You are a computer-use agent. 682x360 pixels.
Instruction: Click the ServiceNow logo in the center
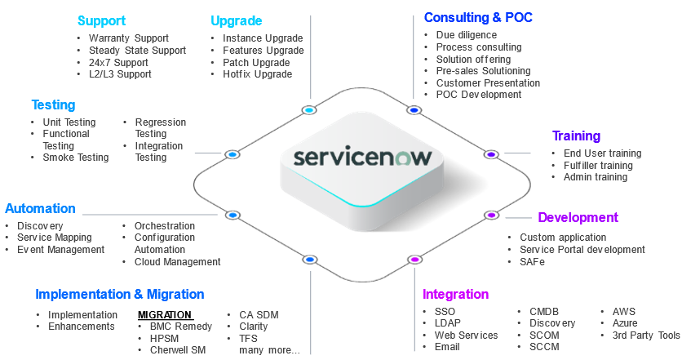click(362, 157)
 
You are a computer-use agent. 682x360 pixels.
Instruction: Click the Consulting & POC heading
click(478, 17)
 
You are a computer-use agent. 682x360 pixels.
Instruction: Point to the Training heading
click(576, 136)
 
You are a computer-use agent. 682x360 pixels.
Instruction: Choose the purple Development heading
click(578, 217)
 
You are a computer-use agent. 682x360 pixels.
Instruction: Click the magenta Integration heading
click(455, 294)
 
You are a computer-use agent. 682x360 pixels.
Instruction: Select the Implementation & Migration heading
click(120, 294)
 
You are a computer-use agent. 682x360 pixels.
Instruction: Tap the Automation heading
click(40, 208)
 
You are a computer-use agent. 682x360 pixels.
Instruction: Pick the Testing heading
click(53, 104)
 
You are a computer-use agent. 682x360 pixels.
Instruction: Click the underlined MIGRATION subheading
click(165, 315)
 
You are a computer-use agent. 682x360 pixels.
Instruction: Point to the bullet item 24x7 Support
click(118, 62)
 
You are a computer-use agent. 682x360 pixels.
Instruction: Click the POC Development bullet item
click(479, 95)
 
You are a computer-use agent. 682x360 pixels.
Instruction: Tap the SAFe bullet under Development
click(532, 262)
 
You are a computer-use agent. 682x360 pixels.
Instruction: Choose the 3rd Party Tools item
click(646, 336)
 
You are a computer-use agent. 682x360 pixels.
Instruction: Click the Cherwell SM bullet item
click(177, 350)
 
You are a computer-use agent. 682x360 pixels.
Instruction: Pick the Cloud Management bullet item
click(177, 262)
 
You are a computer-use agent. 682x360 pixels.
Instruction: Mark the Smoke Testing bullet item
click(76, 158)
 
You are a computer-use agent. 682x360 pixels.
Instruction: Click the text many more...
click(269, 350)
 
